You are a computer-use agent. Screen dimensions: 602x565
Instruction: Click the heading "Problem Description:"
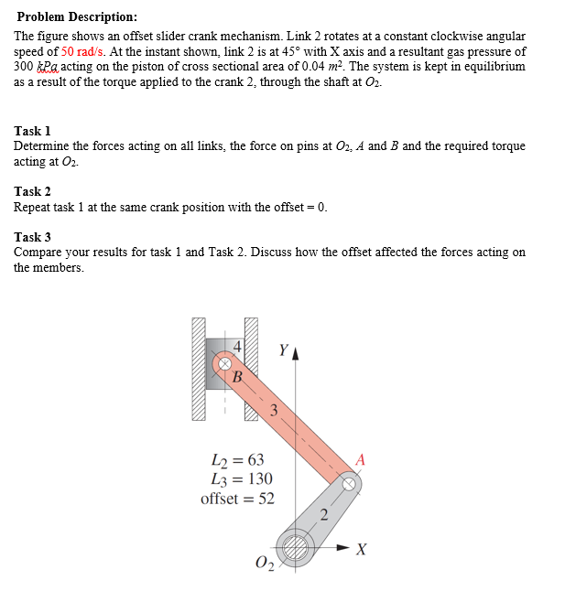click(x=78, y=16)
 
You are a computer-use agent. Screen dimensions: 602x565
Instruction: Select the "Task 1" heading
click(x=33, y=132)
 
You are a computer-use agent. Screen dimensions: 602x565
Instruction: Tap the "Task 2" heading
click(x=33, y=191)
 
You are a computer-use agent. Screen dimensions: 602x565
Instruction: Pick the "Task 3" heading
click(x=33, y=237)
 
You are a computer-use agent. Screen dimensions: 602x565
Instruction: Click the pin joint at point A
click(x=350, y=482)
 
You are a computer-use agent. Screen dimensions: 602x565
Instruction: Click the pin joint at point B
click(x=223, y=363)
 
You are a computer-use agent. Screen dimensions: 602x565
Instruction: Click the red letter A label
click(x=360, y=460)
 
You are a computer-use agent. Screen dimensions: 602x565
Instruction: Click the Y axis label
click(x=283, y=349)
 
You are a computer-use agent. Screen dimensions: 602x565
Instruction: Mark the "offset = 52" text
click(x=237, y=499)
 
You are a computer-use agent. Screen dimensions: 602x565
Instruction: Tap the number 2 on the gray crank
click(x=323, y=512)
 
